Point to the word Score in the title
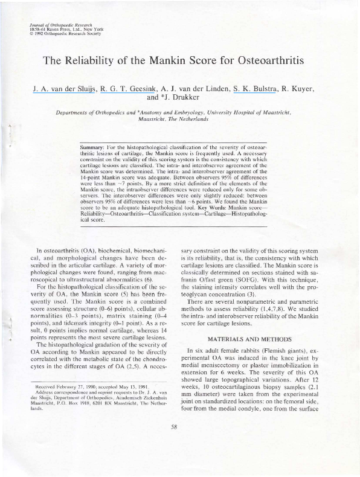[x=213, y=61]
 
